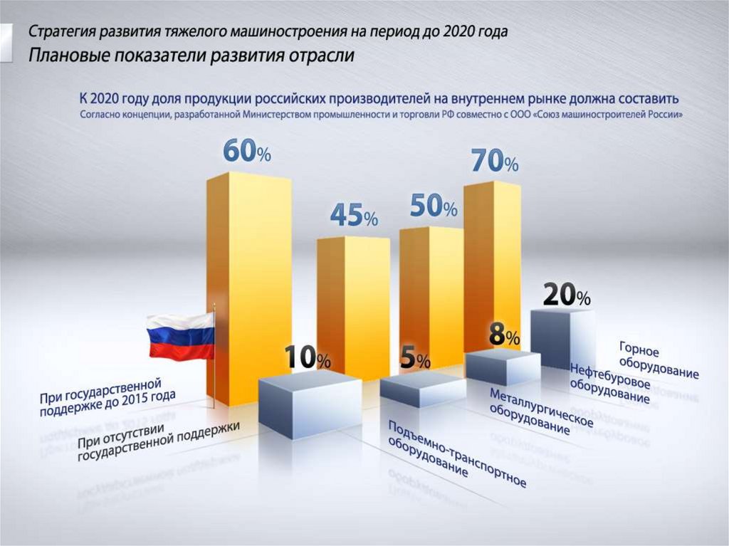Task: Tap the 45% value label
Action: [353, 216]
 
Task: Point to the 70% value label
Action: [494, 162]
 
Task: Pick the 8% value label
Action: [504, 334]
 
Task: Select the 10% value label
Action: [308, 359]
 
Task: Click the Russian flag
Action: [181, 336]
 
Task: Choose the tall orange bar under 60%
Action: [248, 285]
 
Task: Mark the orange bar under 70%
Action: [491, 263]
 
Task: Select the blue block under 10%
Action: [309, 402]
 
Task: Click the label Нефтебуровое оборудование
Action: [609, 385]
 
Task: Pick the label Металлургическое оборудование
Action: [541, 412]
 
